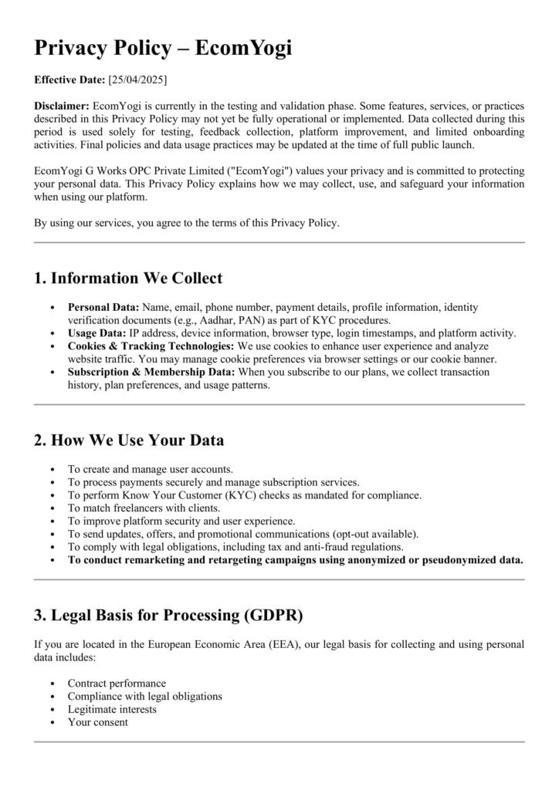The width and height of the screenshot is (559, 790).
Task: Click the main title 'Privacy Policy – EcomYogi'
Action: click(163, 47)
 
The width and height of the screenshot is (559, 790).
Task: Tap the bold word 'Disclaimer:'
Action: click(62, 106)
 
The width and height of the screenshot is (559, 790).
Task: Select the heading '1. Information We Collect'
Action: click(128, 278)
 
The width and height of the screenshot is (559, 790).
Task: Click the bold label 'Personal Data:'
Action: click(103, 307)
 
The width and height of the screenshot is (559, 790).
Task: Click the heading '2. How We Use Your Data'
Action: click(129, 441)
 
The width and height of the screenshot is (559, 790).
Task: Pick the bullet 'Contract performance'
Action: click(116, 684)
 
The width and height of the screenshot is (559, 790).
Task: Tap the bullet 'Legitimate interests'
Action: click(112, 709)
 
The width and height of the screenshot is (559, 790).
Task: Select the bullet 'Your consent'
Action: click(97, 722)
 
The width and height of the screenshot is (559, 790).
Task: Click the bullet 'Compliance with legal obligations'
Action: click(144, 697)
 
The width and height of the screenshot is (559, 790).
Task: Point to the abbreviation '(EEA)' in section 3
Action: click(286, 644)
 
